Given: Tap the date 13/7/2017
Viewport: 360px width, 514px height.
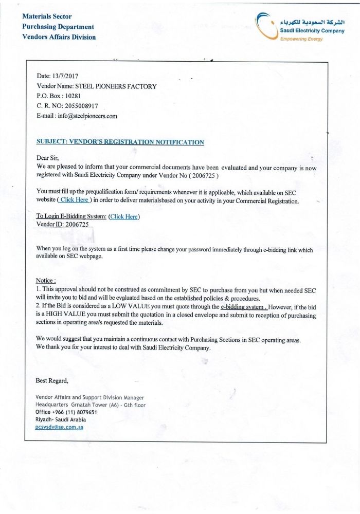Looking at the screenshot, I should point(65,76).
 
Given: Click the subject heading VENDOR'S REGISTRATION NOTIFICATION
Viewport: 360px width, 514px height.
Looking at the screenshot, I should point(120,142).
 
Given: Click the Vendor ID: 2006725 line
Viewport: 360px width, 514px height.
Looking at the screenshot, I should point(63,225).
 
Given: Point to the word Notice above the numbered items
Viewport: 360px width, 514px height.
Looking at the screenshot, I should point(45,280).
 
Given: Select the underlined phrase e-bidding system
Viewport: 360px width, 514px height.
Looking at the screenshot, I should point(242,307).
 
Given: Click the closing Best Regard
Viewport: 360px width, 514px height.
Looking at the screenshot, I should point(51,381).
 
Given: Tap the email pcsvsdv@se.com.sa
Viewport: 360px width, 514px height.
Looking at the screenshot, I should point(59,427).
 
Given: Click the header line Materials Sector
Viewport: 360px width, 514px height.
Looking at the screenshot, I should point(47,17).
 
